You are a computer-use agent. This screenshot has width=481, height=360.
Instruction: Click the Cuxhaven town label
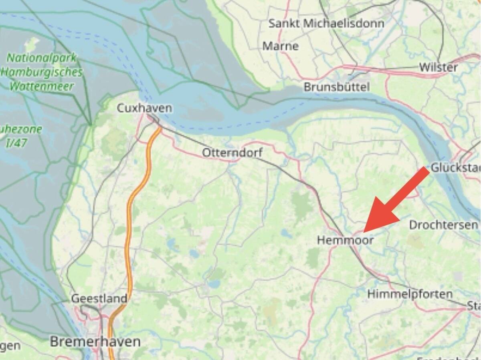click(x=144, y=108)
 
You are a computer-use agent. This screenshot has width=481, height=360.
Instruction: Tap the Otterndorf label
click(x=232, y=153)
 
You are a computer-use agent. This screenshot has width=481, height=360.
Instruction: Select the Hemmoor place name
click(x=345, y=240)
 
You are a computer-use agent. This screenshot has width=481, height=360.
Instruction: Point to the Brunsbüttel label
click(x=336, y=86)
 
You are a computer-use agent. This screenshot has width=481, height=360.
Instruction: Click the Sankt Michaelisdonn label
click(x=326, y=23)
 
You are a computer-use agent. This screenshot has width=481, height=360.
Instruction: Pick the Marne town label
click(x=281, y=46)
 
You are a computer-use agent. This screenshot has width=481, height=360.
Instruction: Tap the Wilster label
click(x=438, y=67)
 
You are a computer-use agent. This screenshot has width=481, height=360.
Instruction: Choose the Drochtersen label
click(x=443, y=225)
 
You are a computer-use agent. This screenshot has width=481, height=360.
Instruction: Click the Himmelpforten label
click(x=410, y=294)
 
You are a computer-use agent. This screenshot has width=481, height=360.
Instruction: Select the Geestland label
click(x=99, y=298)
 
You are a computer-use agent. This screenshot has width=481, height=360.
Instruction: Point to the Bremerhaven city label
click(x=95, y=342)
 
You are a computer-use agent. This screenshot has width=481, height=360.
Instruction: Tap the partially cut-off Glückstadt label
click(x=455, y=167)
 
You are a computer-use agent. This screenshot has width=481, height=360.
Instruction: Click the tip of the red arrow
click(x=364, y=231)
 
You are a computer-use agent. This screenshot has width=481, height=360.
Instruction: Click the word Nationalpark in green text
click(x=41, y=58)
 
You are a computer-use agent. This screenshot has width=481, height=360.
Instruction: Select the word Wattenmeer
click(x=42, y=86)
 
